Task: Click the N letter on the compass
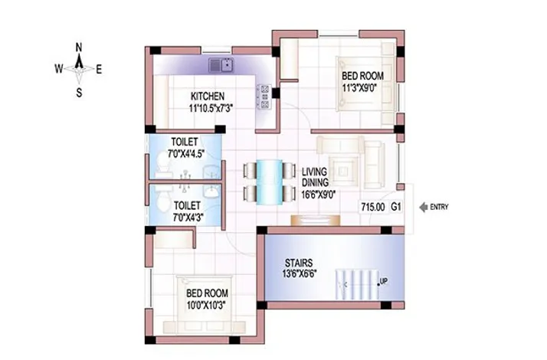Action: [79, 47]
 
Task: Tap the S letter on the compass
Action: [79, 93]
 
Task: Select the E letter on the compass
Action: [99, 69]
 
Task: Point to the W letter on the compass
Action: [58, 69]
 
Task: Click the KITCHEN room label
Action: [208, 97]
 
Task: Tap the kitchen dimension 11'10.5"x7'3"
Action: [210, 108]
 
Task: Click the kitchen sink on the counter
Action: [221, 65]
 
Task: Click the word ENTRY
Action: [441, 207]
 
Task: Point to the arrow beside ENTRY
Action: [421, 207]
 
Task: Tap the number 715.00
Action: [372, 207]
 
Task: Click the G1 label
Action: [396, 207]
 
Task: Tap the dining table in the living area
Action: [269, 181]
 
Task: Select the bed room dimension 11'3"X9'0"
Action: [362, 87]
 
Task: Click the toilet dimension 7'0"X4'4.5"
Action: [185, 153]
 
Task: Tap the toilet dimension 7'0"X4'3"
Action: [187, 218]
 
